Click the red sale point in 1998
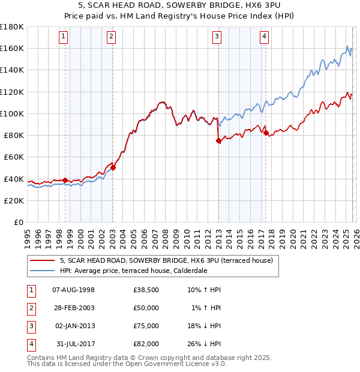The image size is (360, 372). point(65,180)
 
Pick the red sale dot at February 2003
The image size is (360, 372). point(113,168)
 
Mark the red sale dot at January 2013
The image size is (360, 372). point(218,141)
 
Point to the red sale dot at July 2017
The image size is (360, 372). point(266,133)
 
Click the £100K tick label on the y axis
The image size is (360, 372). point(11,113)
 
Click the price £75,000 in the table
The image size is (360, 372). point(146,326)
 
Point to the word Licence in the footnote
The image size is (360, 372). point(202,364)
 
